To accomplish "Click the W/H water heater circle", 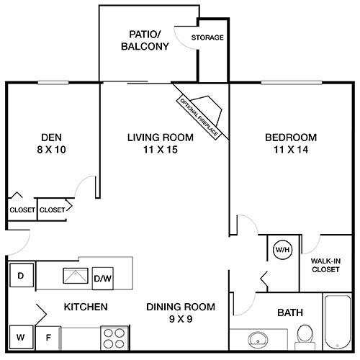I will (281, 251).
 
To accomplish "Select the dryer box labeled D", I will (22, 276).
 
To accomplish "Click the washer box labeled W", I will (21, 336).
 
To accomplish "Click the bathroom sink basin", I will (256, 338).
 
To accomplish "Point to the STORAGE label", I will (207, 37).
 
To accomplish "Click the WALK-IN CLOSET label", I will (325, 266).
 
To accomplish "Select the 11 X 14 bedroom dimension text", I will (290, 150).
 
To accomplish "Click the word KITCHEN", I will (86, 307).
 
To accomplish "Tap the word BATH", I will (289, 312).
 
